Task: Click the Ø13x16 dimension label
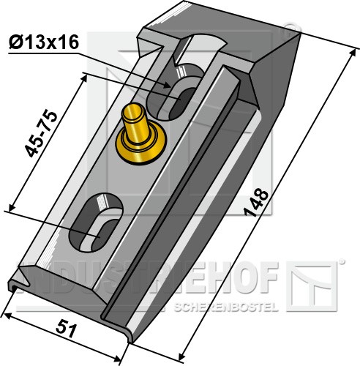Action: pyautogui.click(x=44, y=42)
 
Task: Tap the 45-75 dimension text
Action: pyautogui.click(x=42, y=134)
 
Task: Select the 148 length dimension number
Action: pyautogui.click(x=257, y=203)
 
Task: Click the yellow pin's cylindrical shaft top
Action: pyautogui.click(x=133, y=112)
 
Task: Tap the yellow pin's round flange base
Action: pyautogui.click(x=140, y=144)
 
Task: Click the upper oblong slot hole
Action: pyautogui.click(x=175, y=92)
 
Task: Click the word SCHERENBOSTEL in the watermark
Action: pyautogui.click(x=226, y=307)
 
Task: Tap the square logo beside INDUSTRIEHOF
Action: pyautogui.click(x=312, y=286)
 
